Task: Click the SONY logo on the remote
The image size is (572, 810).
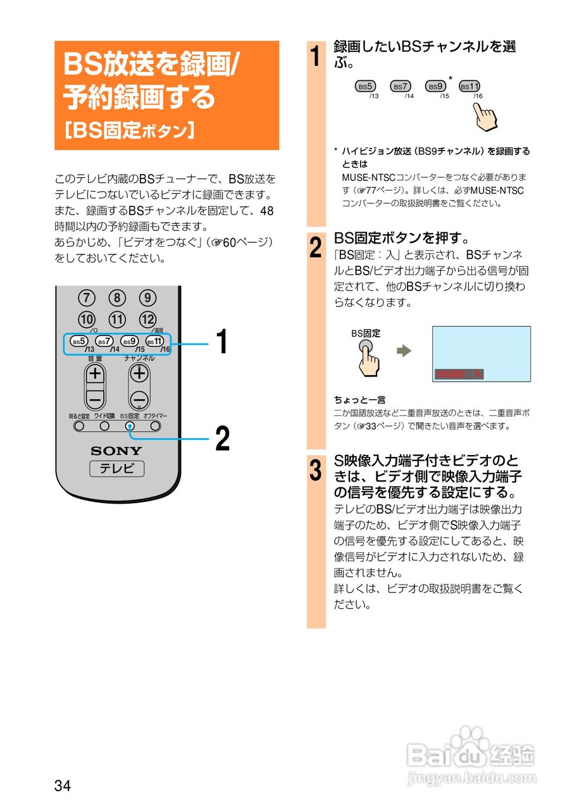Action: pyautogui.click(x=116, y=451)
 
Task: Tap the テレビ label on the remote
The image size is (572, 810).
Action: pyautogui.click(x=116, y=469)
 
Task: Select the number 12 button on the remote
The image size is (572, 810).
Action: pyautogui.click(x=147, y=319)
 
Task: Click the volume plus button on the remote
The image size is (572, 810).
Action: pyautogui.click(x=95, y=373)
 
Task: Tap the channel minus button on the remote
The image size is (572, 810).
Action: pyautogui.click(x=140, y=399)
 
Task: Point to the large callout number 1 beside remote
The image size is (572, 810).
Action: pyautogui.click(x=221, y=343)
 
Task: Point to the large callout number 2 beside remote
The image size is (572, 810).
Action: pyautogui.click(x=222, y=439)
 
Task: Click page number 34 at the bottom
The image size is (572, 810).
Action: pyautogui.click(x=63, y=786)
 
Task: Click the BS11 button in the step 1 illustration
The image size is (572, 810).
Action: pyautogui.click(x=469, y=86)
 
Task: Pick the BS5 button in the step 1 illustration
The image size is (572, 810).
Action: pyautogui.click(x=366, y=86)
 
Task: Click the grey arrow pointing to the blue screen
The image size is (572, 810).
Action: pyautogui.click(x=404, y=351)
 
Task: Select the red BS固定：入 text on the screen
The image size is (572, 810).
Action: pyautogui.click(x=459, y=374)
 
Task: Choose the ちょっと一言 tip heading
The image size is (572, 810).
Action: pyautogui.click(x=360, y=399)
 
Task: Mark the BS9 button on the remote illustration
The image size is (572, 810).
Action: pyautogui.click(x=130, y=341)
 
